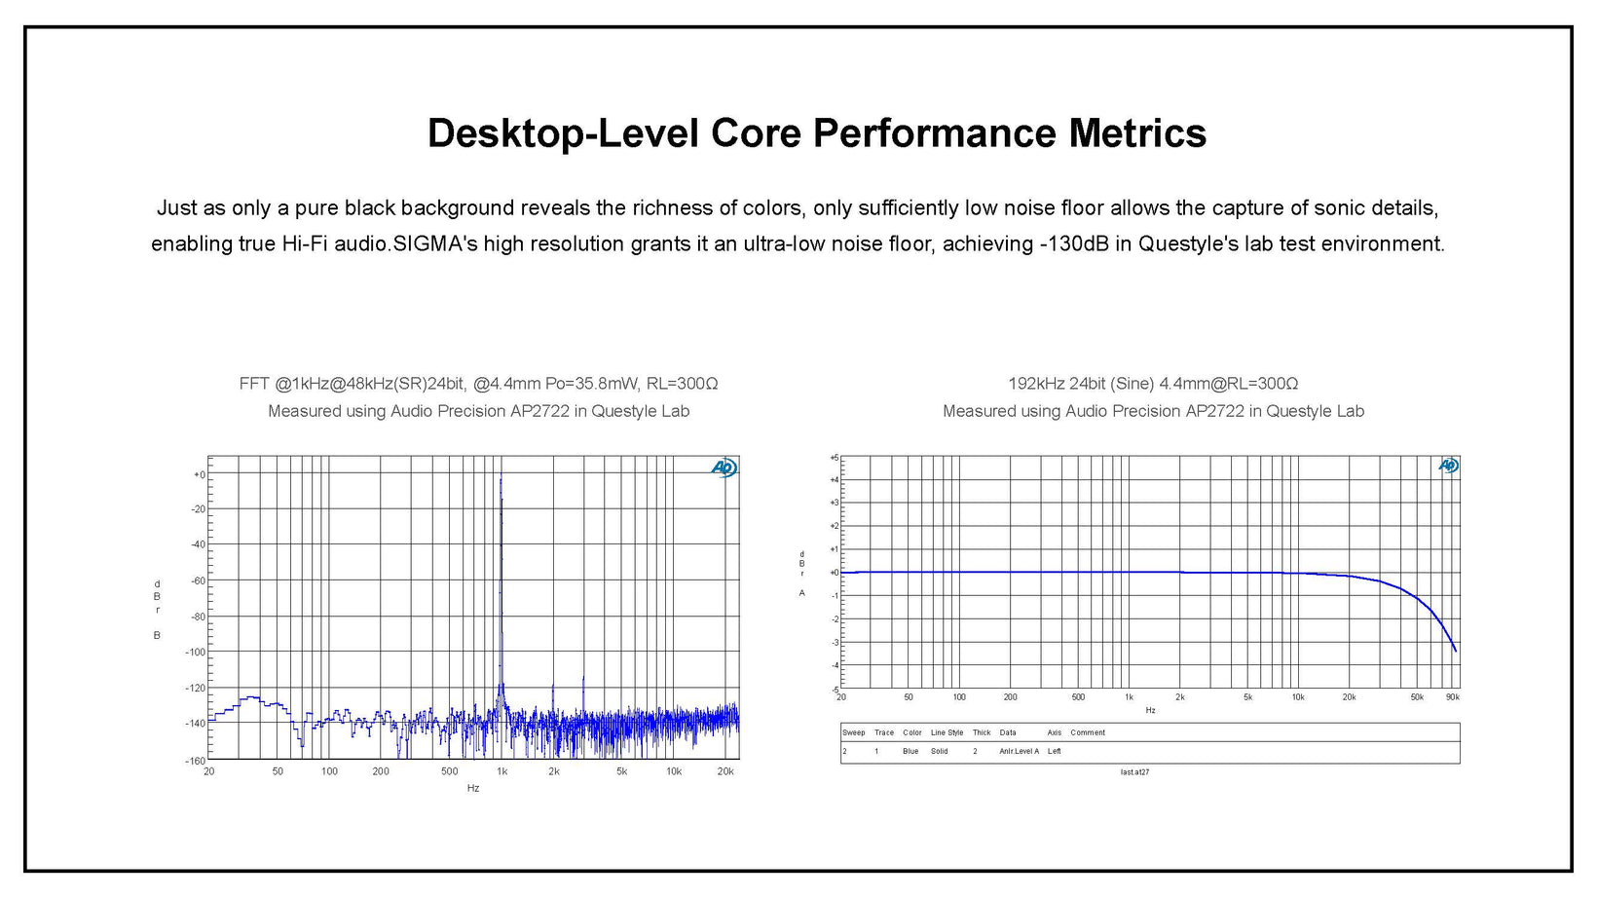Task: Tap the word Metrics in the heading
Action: coord(1137,133)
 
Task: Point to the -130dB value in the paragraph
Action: coord(1073,243)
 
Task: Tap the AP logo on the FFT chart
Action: coord(724,468)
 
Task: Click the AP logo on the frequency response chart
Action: coord(1448,466)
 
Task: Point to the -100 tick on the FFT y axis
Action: coord(195,653)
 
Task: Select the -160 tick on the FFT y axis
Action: coord(195,761)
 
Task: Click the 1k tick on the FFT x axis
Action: coord(501,771)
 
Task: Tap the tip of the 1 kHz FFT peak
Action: coord(501,476)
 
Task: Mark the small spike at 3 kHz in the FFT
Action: coord(583,678)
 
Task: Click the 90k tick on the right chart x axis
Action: coord(1452,697)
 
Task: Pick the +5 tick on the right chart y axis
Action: coord(834,457)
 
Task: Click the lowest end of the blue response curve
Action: coord(1455,651)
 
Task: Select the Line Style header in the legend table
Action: coord(947,732)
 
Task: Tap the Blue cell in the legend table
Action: coord(910,751)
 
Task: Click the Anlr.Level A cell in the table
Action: coord(1019,751)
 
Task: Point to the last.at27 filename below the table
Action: coord(1134,772)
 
